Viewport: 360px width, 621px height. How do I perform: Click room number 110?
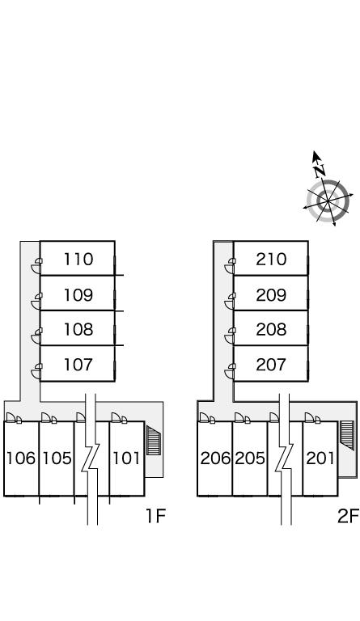pos(78,259)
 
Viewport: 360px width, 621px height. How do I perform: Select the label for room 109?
pos(78,294)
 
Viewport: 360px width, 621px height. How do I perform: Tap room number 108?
pos(78,329)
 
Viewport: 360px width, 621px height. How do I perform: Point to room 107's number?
pos(78,365)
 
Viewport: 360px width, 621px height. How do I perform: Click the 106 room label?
pos(21,458)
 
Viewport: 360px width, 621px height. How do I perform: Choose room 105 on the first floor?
pos(57,458)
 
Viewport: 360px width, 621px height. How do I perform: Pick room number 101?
pos(126,458)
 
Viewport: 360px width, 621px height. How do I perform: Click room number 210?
pos(271,259)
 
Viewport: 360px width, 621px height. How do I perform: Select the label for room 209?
pos(271,294)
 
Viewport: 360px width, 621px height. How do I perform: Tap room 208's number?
pos(271,329)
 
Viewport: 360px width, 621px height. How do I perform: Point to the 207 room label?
pos(271,365)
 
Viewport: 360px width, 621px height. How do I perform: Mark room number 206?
pos(215,458)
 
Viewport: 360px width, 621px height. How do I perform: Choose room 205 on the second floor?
pos(250,458)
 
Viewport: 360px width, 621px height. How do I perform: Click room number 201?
pos(320,458)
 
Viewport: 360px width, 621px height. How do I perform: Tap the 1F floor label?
pos(155,516)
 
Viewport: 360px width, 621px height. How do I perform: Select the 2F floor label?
pos(348,516)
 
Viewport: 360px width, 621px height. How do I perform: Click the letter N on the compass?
pos(320,171)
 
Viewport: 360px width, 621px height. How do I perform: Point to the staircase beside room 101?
pos(154,440)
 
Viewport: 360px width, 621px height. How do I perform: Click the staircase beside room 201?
pos(346,435)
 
